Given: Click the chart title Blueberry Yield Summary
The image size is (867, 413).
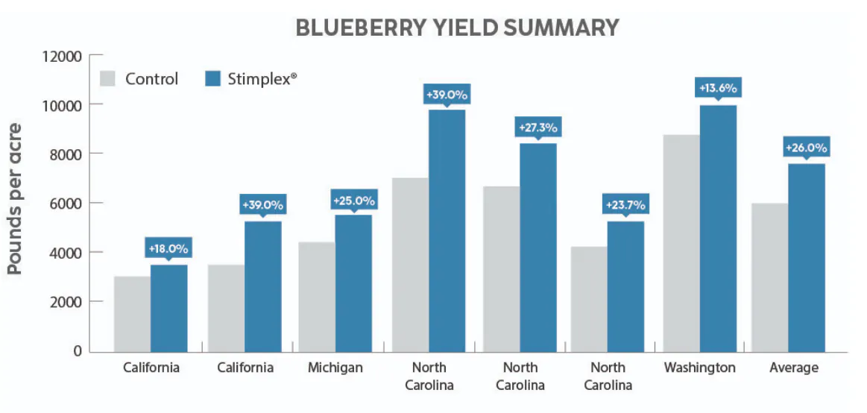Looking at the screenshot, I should click(457, 28).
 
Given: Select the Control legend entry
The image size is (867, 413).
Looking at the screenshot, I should click(140, 79).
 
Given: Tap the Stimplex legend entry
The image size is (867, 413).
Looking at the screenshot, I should click(250, 78).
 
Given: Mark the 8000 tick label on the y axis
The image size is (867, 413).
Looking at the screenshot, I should click(66, 154).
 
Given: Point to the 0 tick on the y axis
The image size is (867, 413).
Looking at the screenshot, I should click(75, 351).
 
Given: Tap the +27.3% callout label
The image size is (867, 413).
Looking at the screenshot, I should click(538, 127).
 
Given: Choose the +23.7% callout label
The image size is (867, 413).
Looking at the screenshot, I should click(625, 205).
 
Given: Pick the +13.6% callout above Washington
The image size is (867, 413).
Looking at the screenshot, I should click(718, 88).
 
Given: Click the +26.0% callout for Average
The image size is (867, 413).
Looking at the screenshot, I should click(806, 148).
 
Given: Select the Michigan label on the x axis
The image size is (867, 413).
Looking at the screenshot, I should click(335, 368).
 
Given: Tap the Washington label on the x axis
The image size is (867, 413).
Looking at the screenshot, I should click(700, 368).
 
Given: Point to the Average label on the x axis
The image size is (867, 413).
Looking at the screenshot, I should click(794, 368).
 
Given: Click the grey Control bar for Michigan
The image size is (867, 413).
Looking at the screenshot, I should click(317, 297).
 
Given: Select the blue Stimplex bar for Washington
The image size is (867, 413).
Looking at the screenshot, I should click(719, 228).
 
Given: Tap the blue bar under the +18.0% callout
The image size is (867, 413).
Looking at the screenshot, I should click(168, 308).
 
